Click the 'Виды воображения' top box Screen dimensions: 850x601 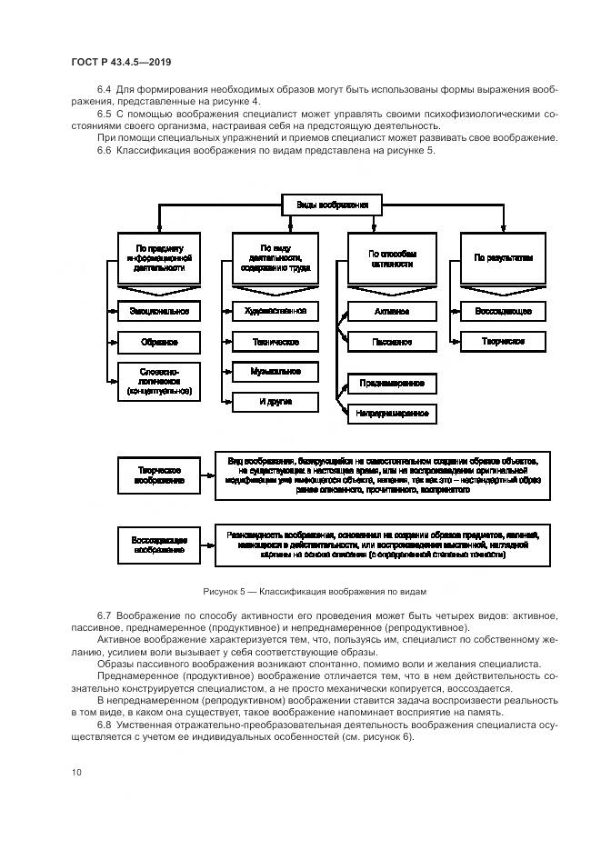pos(331,205)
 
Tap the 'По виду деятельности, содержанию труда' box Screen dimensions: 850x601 pos(275,258)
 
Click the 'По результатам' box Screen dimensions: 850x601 pos(503,258)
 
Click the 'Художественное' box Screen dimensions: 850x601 pos(275,312)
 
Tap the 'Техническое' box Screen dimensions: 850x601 pos(275,343)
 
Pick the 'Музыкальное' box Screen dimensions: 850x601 pos(275,372)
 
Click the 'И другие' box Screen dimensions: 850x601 pos(275,401)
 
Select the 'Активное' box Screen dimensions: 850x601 pos(392,312)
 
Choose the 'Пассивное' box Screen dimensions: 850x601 pos(392,343)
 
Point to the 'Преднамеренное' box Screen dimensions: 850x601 pos(392,384)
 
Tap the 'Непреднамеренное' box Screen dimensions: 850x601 pos(392,414)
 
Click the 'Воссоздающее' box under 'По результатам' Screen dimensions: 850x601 pos(503,312)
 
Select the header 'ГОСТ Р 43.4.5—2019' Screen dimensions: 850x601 pos(121,62)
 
